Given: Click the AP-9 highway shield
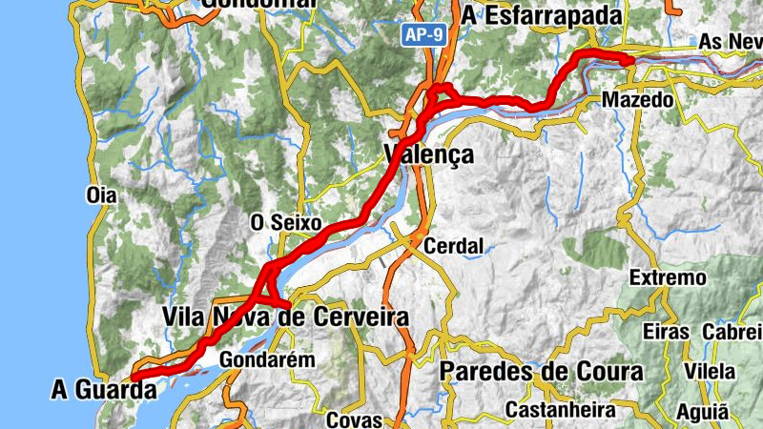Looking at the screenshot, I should coord(423,35).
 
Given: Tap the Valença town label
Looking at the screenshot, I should coord(428,154).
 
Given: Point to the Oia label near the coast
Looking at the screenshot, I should coord(100,195).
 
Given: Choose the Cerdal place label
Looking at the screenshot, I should coord(454,246).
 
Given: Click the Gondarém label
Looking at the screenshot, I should coord(254,360).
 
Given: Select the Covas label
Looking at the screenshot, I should coord(354,419).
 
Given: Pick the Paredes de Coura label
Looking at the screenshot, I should coord(542,372).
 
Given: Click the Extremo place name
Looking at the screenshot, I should coord(669,278).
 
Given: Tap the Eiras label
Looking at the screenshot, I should coord(666,332).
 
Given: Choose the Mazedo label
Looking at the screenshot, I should coord(638,99).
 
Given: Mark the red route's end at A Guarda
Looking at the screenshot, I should coord(133,378).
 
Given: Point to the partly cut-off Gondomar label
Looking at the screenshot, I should coord(258,4).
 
